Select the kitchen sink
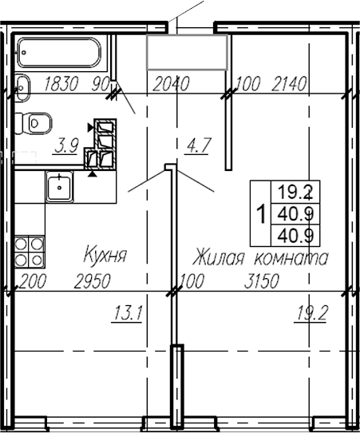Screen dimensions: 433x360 point(59,186)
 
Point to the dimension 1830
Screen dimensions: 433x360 point(62,82)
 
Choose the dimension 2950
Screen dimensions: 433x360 point(91,281)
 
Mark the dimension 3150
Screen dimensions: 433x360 point(259,281)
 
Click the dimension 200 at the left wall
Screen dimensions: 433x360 point(33,281)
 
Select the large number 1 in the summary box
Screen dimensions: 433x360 point(260,214)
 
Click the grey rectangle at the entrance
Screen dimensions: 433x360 point(188,54)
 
